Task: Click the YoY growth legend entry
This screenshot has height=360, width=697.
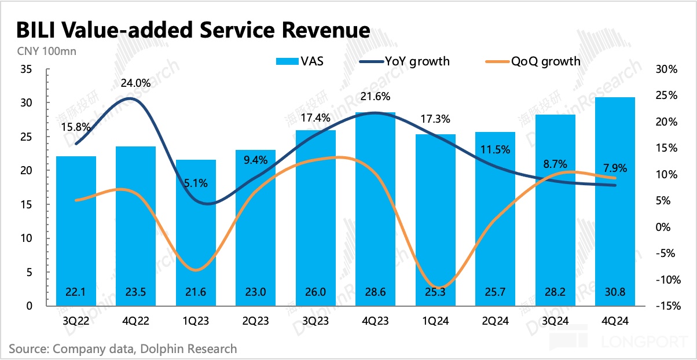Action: click(405, 61)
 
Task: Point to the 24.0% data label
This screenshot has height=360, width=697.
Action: click(135, 83)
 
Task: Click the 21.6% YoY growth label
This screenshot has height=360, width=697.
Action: click(375, 96)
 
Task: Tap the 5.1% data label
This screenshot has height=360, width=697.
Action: click(196, 183)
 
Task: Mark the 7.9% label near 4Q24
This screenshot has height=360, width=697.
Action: click(615, 168)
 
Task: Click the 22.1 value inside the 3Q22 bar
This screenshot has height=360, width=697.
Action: click(76, 292)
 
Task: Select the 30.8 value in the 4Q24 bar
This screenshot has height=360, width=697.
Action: click(615, 292)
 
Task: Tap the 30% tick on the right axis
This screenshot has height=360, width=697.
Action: click(666, 69)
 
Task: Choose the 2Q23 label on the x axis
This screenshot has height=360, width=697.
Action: click(255, 322)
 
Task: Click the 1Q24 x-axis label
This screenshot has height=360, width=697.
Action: click(435, 322)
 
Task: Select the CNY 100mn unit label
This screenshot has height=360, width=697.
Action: click(42, 50)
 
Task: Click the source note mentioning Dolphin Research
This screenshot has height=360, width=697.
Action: click(123, 348)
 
